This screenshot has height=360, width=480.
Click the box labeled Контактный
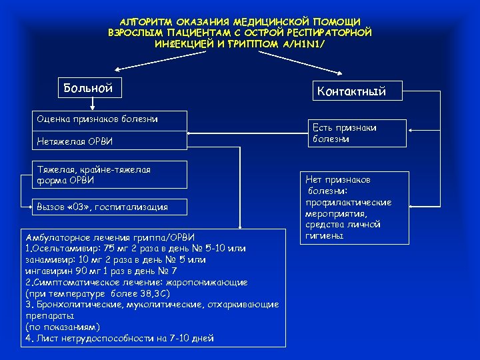click(351, 91)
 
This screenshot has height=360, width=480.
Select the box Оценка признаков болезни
click(97, 119)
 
